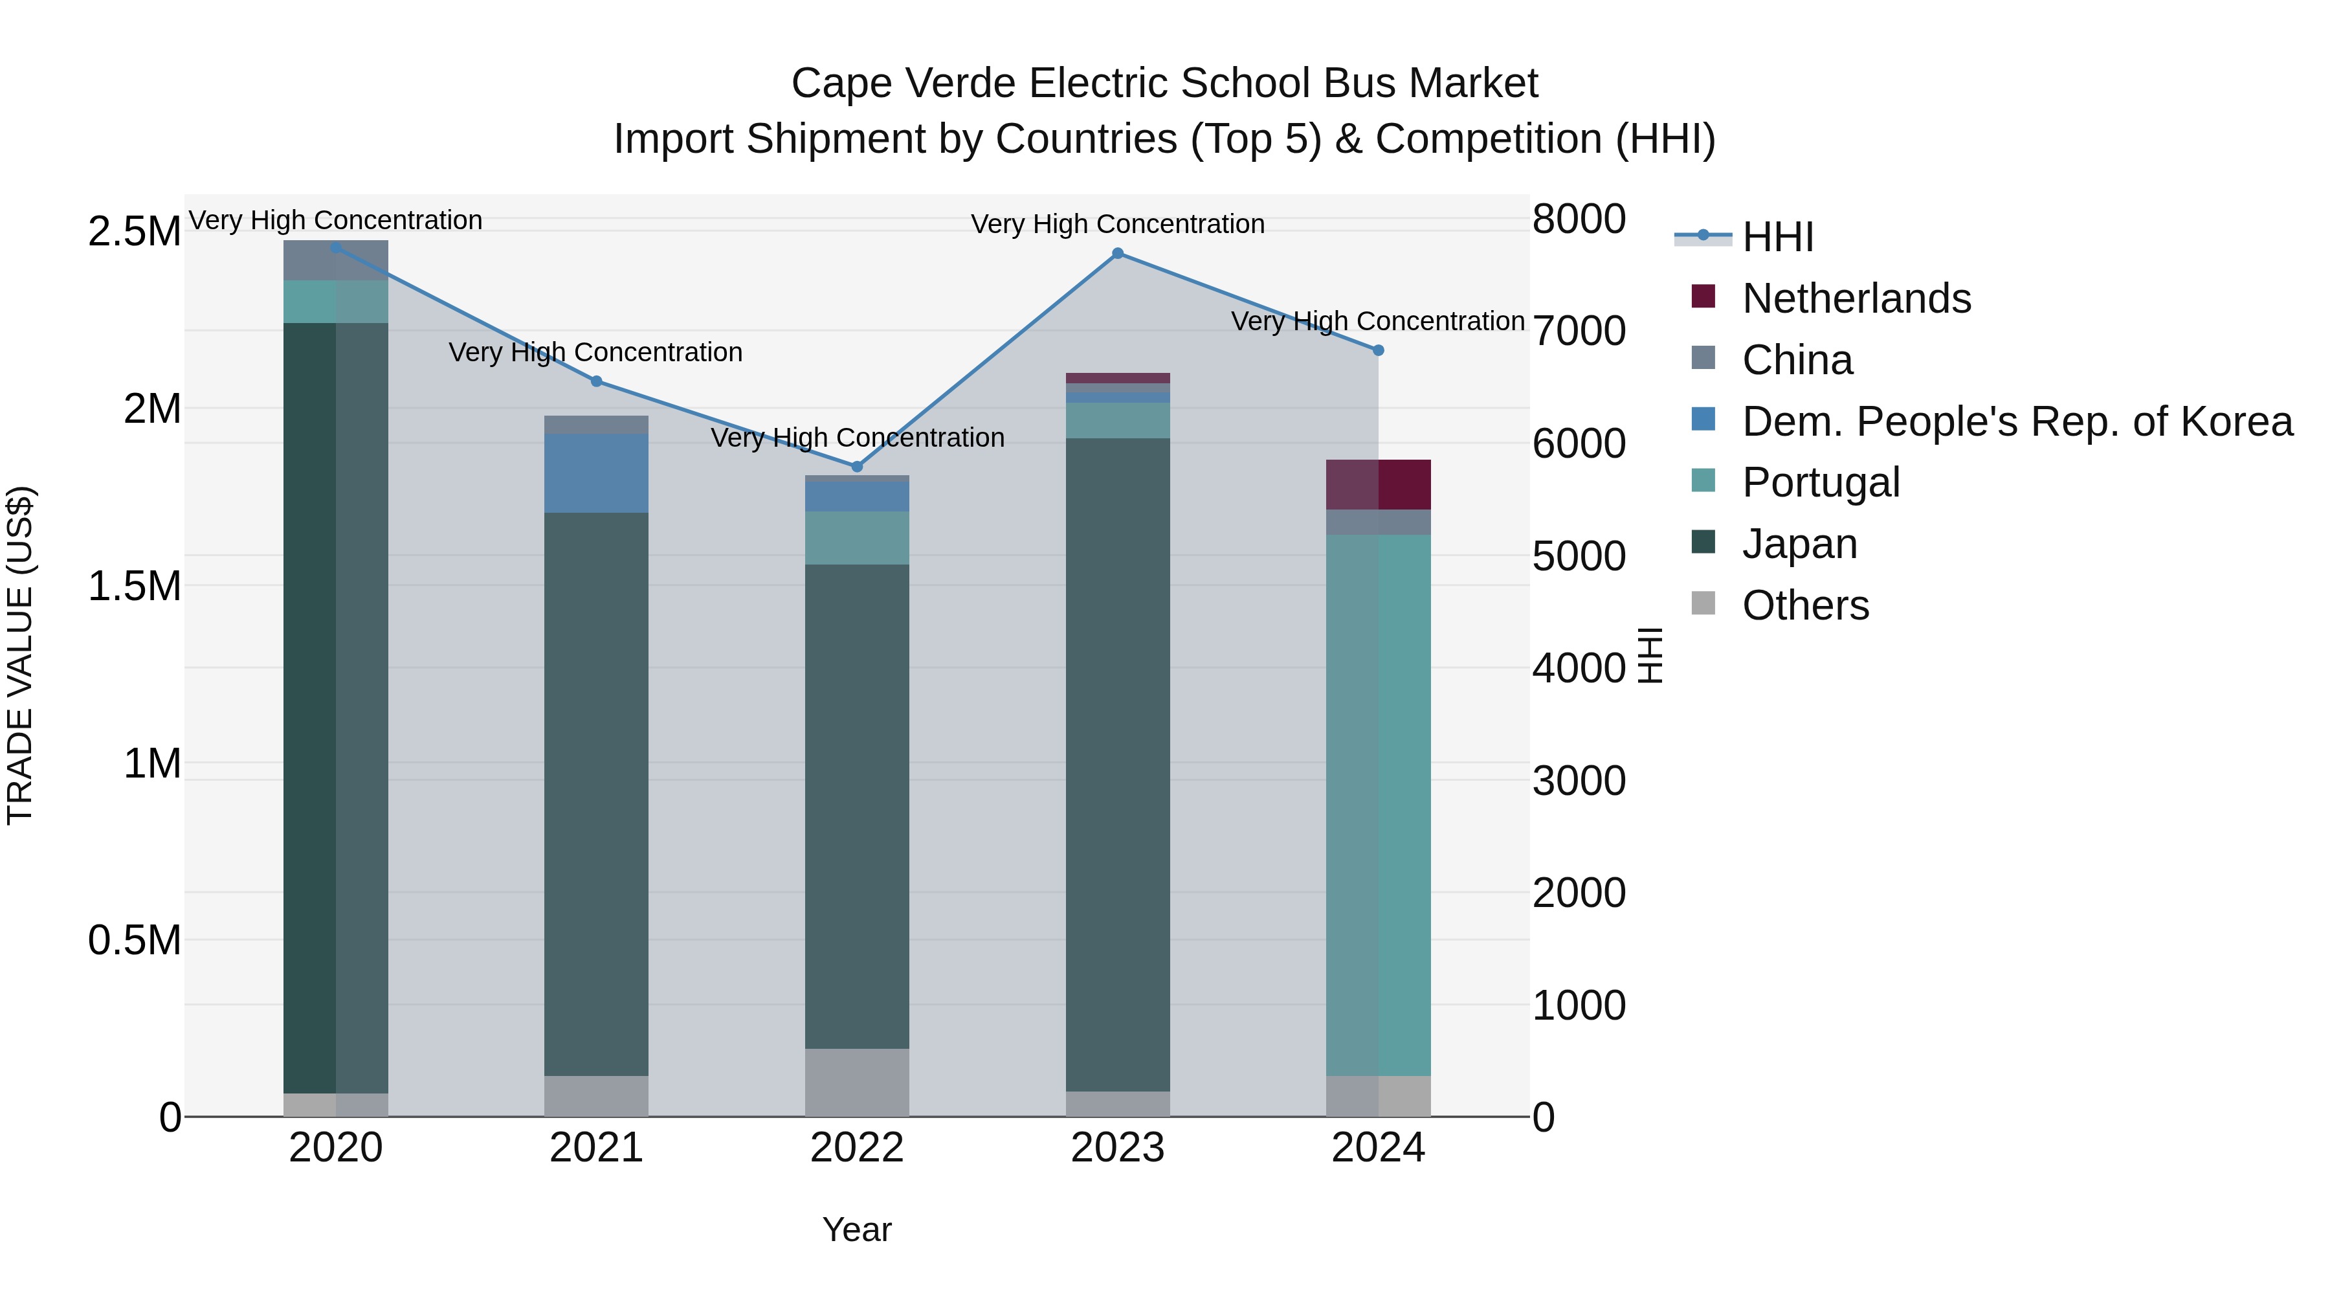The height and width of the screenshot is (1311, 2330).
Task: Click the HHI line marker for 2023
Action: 1118,253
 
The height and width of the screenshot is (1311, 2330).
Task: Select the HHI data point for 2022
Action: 858,467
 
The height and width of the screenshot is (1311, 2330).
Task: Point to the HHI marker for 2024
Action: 1379,350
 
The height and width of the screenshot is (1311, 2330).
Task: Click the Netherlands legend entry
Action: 1856,298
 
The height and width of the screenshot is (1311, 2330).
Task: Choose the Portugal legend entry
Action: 1821,482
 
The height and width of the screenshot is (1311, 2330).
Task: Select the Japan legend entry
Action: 1799,544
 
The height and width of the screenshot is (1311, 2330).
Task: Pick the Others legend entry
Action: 1805,605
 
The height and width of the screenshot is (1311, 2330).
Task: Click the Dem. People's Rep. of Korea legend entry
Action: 2017,421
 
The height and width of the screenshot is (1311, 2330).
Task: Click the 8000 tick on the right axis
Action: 1579,219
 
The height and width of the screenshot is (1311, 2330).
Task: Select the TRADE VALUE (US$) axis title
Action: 20,655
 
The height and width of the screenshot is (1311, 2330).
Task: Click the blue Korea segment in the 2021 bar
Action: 596,473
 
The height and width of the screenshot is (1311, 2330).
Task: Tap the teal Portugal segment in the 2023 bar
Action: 1118,421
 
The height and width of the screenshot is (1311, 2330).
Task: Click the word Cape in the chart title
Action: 841,84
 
